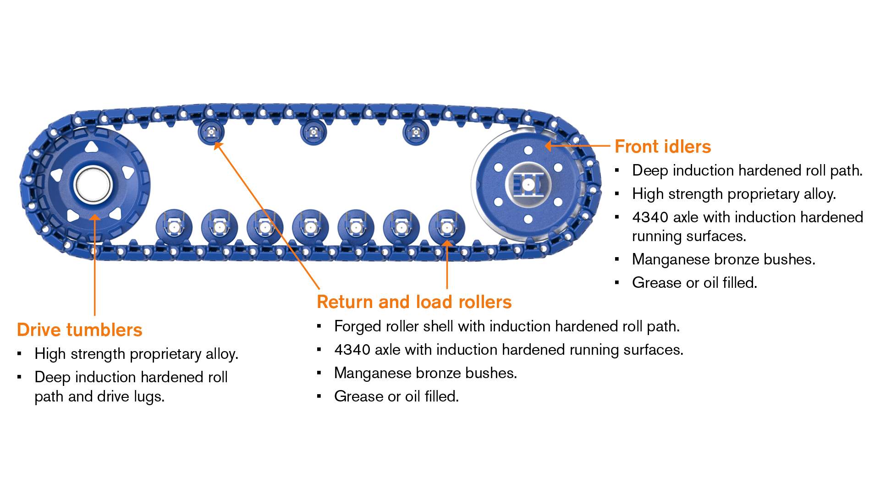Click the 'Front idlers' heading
click(663, 147)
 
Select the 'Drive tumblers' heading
click(80, 330)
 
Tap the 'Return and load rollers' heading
click(414, 302)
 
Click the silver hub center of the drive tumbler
click(93, 186)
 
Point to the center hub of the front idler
click(528, 185)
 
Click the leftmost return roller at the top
click(211, 132)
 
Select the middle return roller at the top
click(313, 132)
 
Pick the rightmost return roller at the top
click(416, 132)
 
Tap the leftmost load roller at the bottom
click(174, 227)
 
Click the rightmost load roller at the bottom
click(447, 227)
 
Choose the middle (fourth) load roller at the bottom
click(310, 227)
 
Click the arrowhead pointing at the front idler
click(548, 146)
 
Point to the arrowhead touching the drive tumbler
click(94, 218)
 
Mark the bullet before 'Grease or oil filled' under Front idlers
click(617, 283)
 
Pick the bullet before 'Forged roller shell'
click(319, 326)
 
